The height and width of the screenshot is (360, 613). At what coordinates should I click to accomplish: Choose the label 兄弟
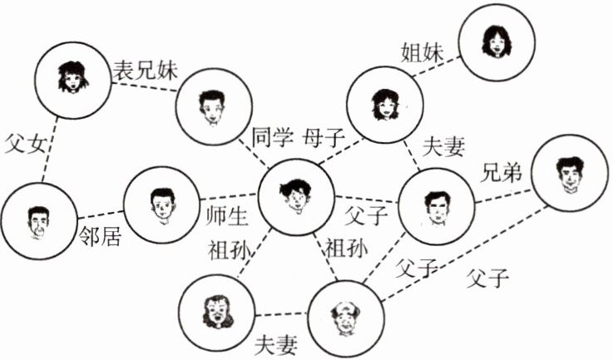coord(502,172)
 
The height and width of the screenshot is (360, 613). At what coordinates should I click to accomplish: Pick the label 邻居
coord(100,237)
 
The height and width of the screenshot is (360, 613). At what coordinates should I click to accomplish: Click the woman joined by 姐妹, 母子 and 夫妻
coord(383,102)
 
